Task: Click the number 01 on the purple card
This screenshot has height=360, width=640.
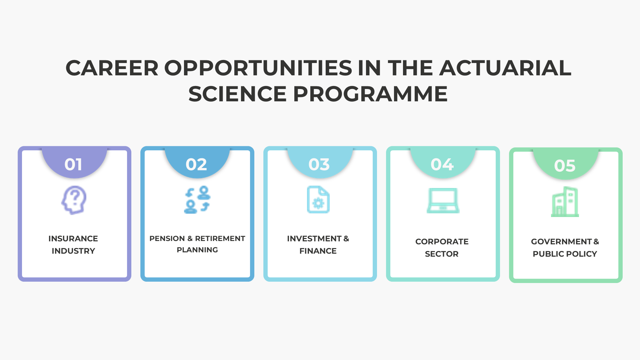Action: tap(73, 164)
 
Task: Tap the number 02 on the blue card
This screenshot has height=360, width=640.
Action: tap(196, 164)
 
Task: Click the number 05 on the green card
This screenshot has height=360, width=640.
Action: tap(565, 166)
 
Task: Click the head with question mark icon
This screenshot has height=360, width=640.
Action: tap(74, 200)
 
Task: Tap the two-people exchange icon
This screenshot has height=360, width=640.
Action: tap(197, 200)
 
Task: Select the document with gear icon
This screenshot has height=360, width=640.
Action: tap(318, 199)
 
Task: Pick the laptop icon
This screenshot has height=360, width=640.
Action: tap(443, 200)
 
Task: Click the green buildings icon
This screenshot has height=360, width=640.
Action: tap(565, 202)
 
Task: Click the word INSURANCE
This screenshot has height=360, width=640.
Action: tap(73, 239)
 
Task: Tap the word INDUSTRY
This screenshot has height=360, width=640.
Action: tap(73, 251)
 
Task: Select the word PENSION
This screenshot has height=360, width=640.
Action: tap(167, 239)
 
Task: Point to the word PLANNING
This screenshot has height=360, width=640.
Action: tap(197, 250)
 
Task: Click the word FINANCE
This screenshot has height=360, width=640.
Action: tap(318, 251)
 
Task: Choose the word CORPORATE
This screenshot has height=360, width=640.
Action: tap(442, 242)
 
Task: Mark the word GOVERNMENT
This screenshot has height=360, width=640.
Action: tap(561, 242)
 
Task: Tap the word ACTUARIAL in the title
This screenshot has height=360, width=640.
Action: tap(505, 68)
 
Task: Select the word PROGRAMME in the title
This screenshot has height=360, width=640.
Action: tap(370, 94)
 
